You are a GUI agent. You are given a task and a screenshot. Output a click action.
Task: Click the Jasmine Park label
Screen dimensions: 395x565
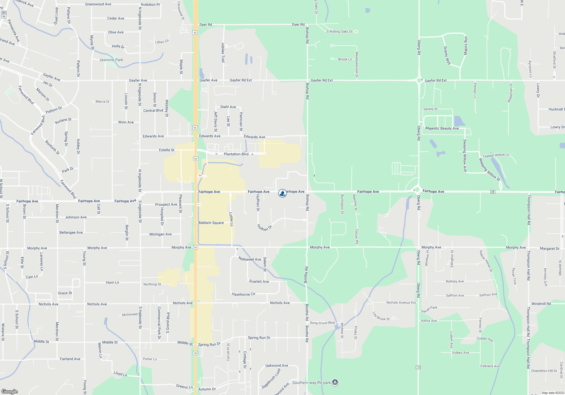coord(111,60)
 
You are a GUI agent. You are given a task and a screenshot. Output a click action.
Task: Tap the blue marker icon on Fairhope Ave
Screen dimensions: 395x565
coord(282,193)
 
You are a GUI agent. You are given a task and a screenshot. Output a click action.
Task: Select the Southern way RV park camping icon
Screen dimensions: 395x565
coord(335,382)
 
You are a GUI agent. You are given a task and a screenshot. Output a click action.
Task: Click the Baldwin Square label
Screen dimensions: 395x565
coord(211,223)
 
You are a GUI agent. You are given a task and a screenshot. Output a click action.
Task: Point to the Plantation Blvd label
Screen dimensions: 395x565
coord(236,154)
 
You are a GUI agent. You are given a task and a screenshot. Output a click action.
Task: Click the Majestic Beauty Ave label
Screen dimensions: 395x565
coord(442,128)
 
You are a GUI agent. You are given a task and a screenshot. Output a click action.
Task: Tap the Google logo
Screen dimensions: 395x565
coord(9,391)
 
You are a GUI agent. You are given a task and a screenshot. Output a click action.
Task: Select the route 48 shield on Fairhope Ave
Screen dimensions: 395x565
coord(493,192)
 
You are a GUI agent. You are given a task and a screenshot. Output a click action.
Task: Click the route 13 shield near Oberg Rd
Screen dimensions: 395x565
coord(418,367)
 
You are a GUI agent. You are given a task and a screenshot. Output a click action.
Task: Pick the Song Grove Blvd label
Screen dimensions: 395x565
coord(322,323)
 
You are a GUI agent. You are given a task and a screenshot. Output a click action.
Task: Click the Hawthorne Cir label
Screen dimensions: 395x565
coord(244,294)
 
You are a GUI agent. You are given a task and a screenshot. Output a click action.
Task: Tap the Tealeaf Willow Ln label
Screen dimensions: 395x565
coord(496,155)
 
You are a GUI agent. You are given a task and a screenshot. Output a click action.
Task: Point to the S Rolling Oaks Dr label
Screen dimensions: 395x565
coord(339,32)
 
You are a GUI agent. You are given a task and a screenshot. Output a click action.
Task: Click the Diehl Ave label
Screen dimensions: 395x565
coord(228,107)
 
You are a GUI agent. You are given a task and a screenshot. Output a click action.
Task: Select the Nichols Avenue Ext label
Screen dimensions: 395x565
coord(401,302)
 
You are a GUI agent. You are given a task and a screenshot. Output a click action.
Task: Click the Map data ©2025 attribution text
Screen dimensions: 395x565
coord(553,393)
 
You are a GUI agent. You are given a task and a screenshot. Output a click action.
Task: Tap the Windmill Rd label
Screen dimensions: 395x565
coord(541,304)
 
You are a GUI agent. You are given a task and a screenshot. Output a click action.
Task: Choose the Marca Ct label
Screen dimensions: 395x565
coord(102,102)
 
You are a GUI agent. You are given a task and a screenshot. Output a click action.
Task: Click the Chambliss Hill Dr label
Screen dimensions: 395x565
coord(544,371)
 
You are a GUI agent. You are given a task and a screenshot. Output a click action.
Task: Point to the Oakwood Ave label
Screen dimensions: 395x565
coord(277,366)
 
